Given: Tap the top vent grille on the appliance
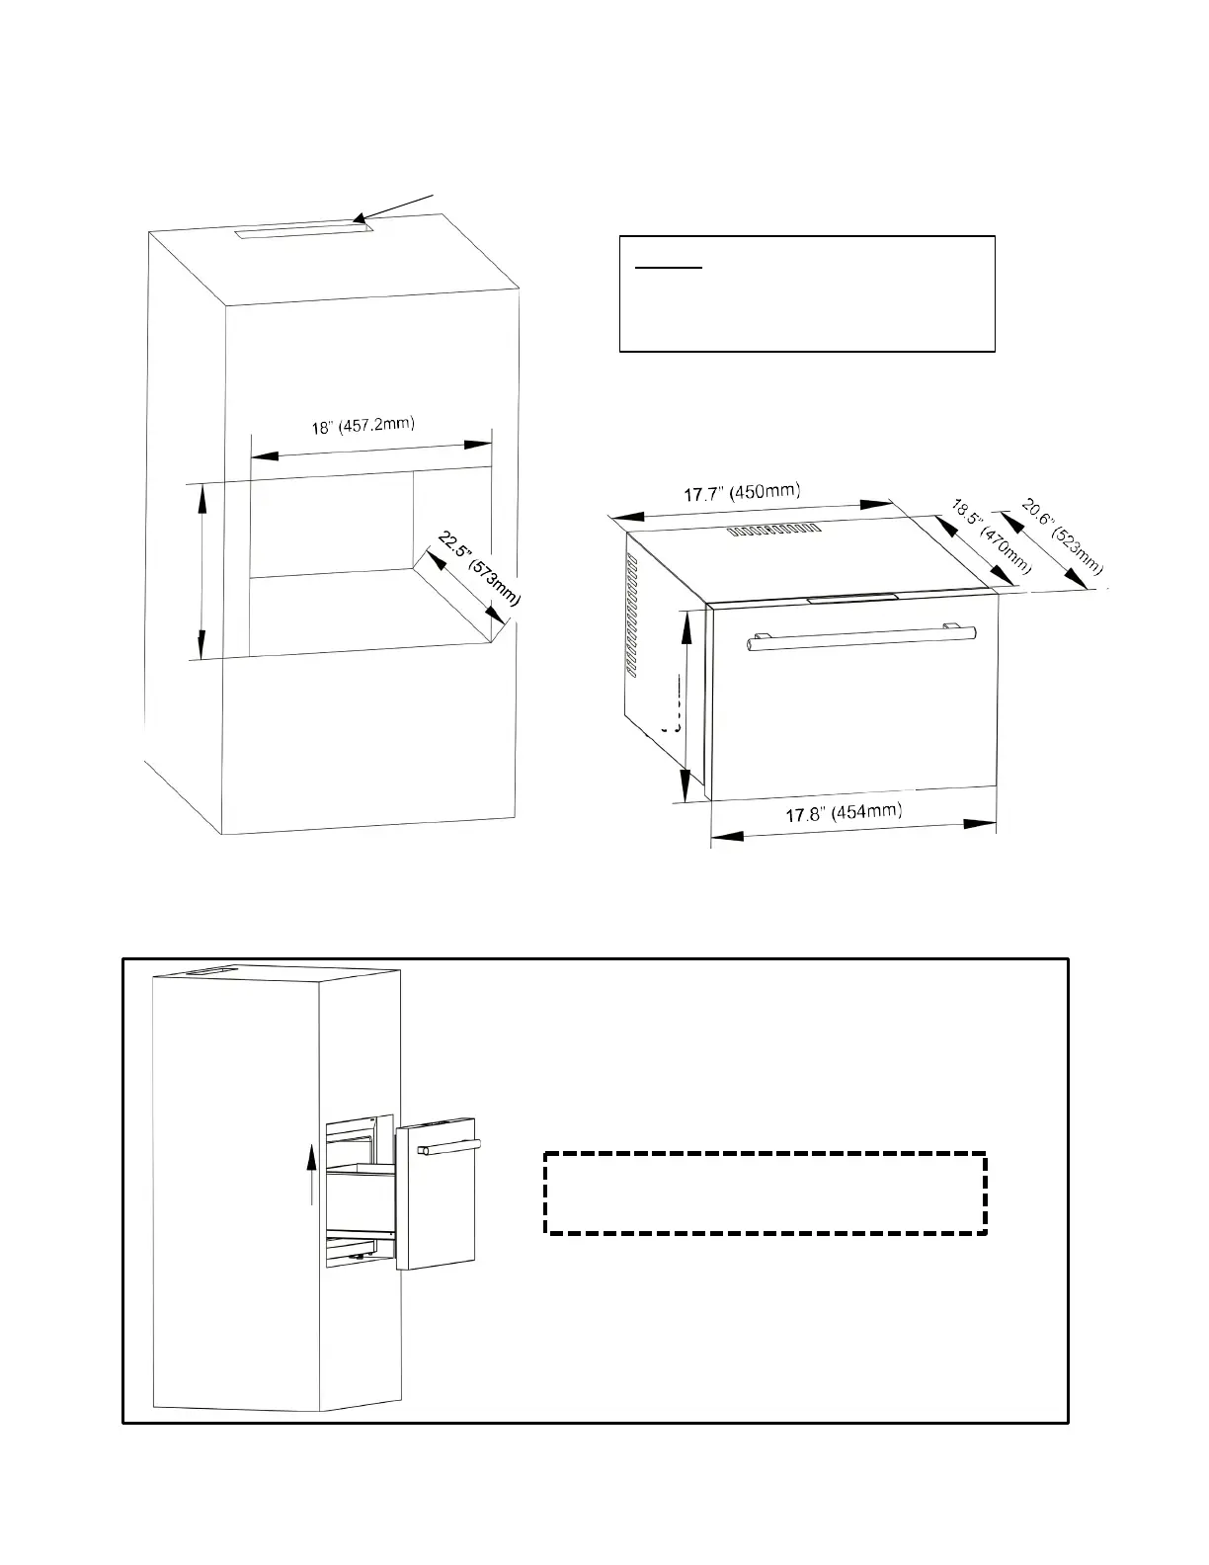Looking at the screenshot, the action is [774, 531].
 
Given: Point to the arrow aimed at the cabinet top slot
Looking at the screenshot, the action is [394, 210].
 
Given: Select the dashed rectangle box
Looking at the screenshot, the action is [766, 1192].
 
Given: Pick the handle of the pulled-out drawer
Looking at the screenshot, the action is [449, 1147].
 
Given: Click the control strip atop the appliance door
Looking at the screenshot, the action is [852, 598].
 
